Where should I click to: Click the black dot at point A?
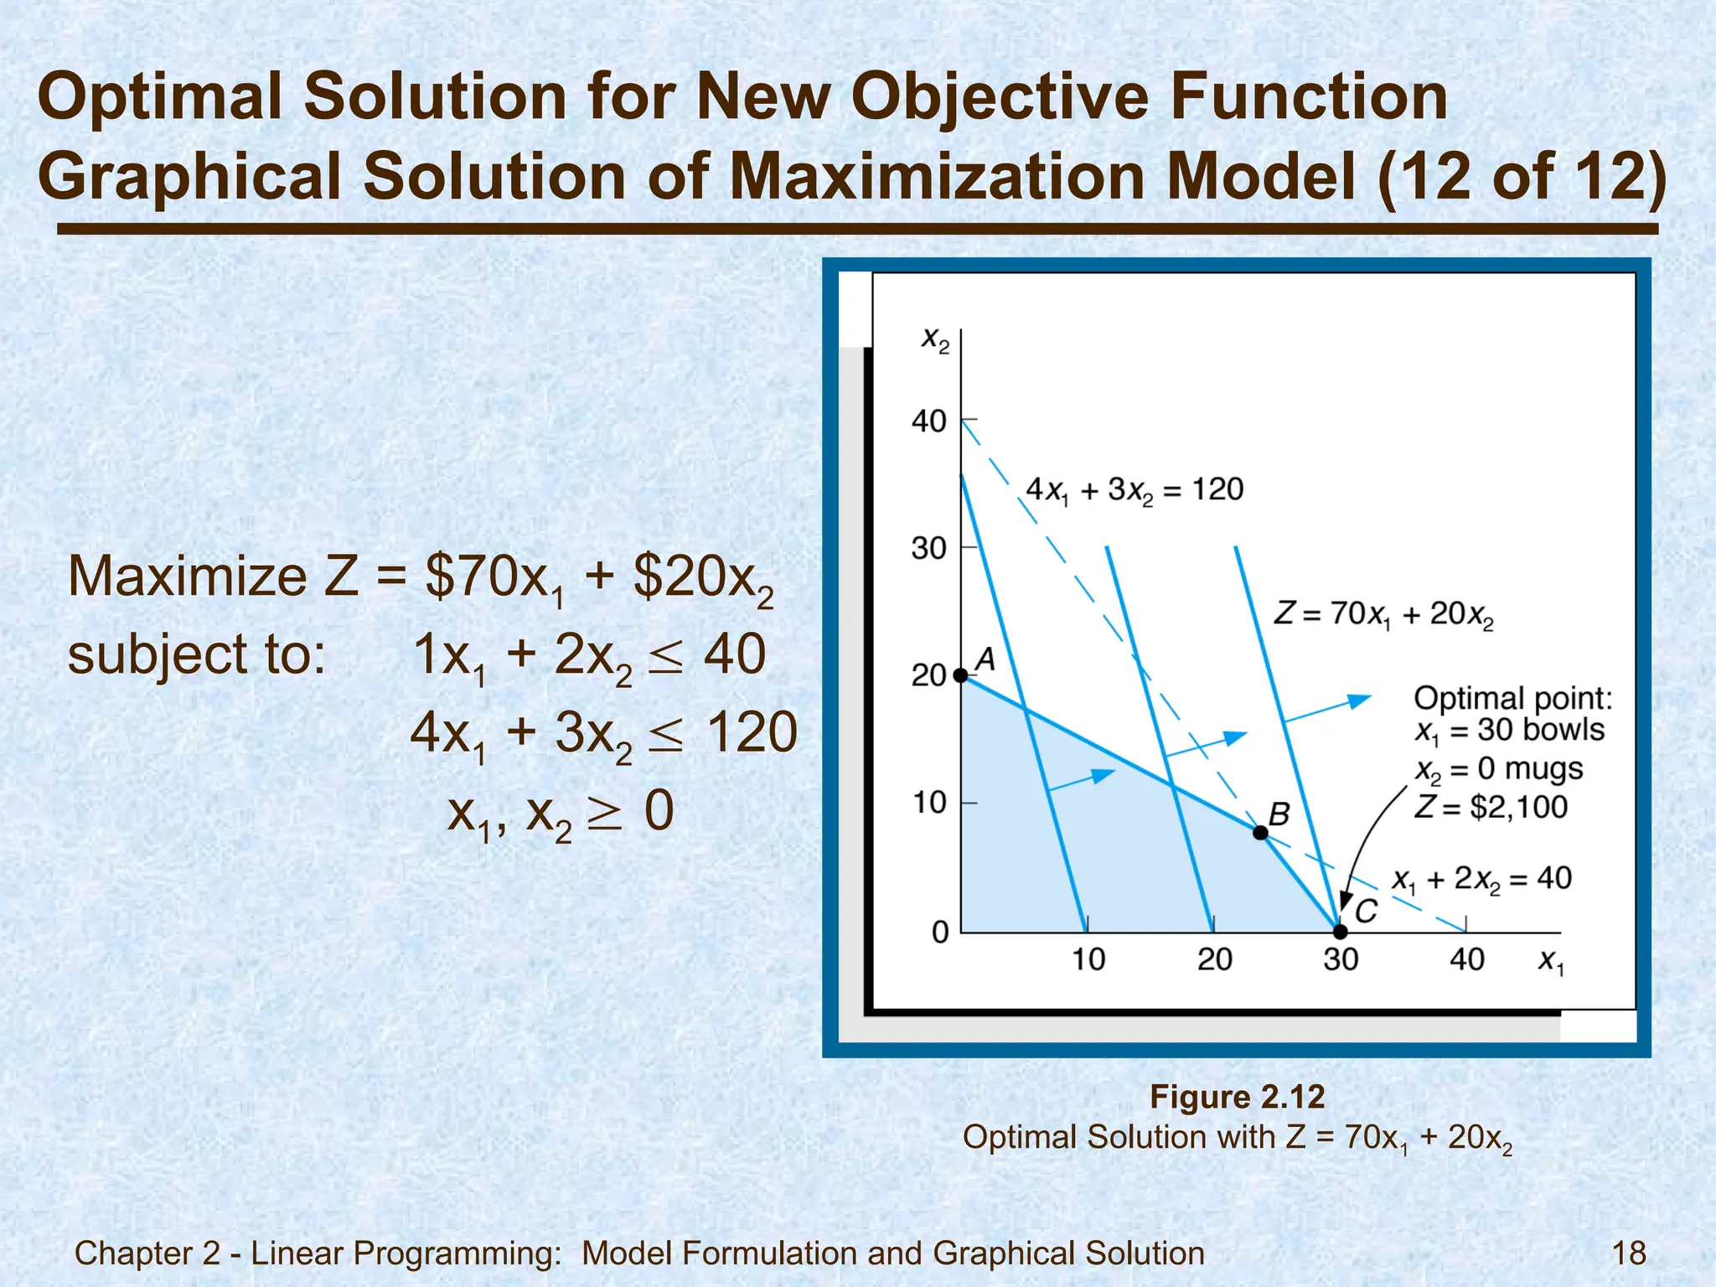point(961,675)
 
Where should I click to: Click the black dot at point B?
point(1260,832)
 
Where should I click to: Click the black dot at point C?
point(1340,932)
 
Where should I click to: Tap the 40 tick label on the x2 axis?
point(928,421)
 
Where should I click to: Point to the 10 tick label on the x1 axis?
point(1088,959)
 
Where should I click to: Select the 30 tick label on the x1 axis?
point(1341,959)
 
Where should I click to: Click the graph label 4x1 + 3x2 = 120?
point(1135,490)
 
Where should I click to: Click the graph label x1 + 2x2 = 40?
point(1481,880)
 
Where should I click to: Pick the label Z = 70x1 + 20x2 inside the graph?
point(1383,614)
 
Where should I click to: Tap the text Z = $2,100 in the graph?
point(1491,807)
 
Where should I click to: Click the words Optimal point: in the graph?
point(1512,697)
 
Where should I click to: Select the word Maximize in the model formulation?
point(188,576)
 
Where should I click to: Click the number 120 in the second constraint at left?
point(752,732)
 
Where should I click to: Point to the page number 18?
point(1629,1253)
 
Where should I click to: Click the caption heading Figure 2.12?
point(1237,1097)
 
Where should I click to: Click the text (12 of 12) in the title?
point(1521,176)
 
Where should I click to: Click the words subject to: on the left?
point(196,654)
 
